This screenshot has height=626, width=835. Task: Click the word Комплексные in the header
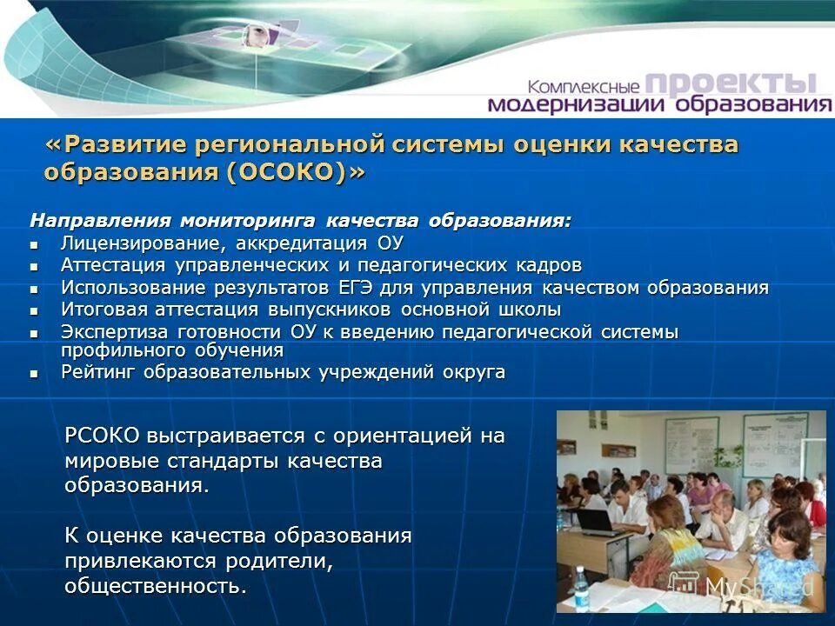(x=584, y=87)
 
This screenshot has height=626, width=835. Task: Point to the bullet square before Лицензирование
(x=35, y=243)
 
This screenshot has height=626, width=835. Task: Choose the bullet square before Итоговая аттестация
(x=35, y=310)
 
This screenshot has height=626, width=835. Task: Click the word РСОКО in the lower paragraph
(x=102, y=436)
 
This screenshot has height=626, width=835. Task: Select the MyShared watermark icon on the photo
(x=690, y=585)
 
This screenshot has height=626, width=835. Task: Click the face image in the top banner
(x=254, y=35)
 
